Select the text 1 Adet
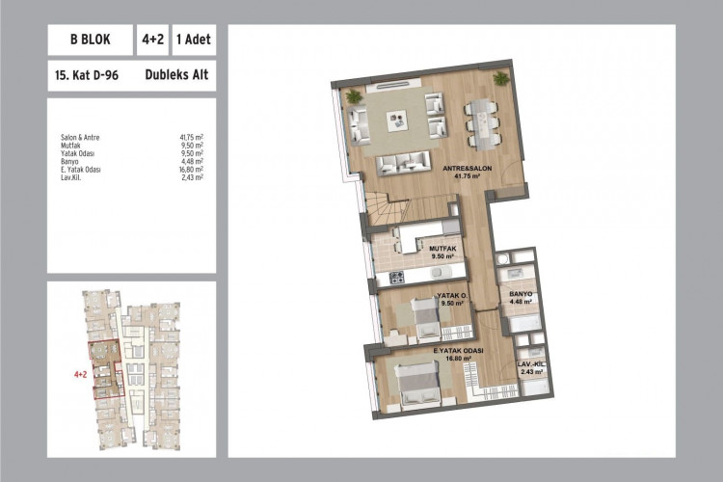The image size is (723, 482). (x=194, y=41)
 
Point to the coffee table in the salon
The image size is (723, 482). (x=396, y=120)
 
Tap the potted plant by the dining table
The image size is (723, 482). (x=499, y=77)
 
